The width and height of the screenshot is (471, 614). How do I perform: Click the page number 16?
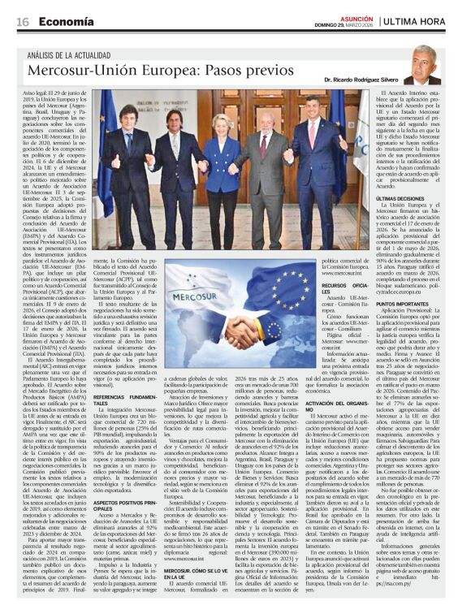click(x=22, y=22)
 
